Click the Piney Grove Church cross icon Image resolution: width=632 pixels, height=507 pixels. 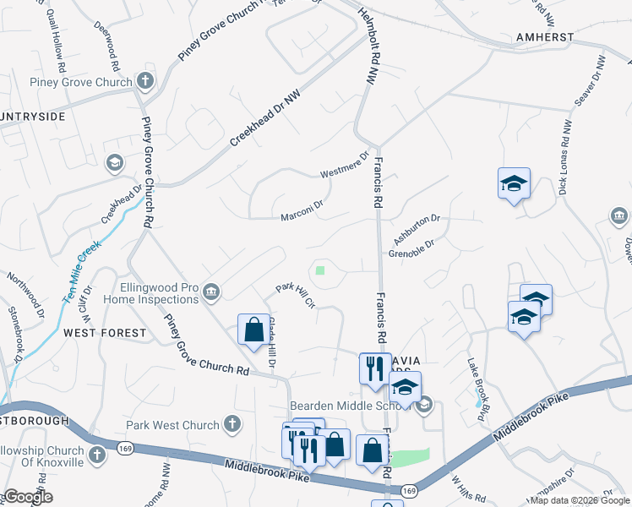pyautogui.click(x=145, y=82)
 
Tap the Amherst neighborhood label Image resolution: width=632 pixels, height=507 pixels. pyautogui.click(x=546, y=38)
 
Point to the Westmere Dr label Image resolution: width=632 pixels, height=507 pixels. pyautogui.click(x=345, y=166)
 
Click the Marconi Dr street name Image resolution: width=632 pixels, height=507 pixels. pyautogui.click(x=302, y=210)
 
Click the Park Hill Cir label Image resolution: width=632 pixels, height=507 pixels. pyautogui.click(x=295, y=296)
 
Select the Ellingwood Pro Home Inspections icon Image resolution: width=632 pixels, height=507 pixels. pyautogui.click(x=210, y=292)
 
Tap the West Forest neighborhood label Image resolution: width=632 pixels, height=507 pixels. pyautogui.click(x=105, y=333)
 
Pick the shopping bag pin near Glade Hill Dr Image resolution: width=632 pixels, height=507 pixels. pyautogui.click(x=253, y=330)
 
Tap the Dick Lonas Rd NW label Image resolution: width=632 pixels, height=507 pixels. pyautogui.click(x=565, y=156)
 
